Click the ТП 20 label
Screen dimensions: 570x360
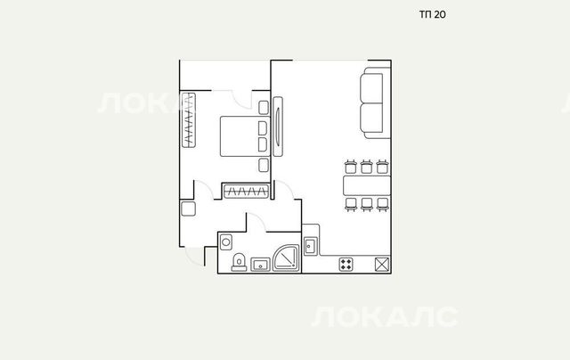tap(433, 14)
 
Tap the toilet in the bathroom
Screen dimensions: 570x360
tap(239, 262)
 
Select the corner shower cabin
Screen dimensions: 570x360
tap(287, 258)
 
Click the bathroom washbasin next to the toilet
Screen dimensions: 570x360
tap(260, 265)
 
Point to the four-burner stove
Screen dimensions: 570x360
tap(346, 265)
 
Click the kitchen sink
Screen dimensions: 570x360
tap(310, 246)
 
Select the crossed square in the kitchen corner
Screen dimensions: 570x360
tap(382, 265)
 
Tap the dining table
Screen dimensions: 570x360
tap(367, 185)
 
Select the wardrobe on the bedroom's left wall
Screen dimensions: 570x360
tap(189, 120)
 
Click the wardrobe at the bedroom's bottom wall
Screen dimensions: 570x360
tap(246, 192)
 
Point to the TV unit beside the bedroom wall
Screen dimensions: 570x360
tap(278, 127)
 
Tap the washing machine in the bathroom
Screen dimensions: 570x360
tap(225, 242)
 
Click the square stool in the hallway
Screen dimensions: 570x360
tap(188, 209)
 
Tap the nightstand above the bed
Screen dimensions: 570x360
tap(264, 108)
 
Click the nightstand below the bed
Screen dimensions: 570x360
tap(264, 165)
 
